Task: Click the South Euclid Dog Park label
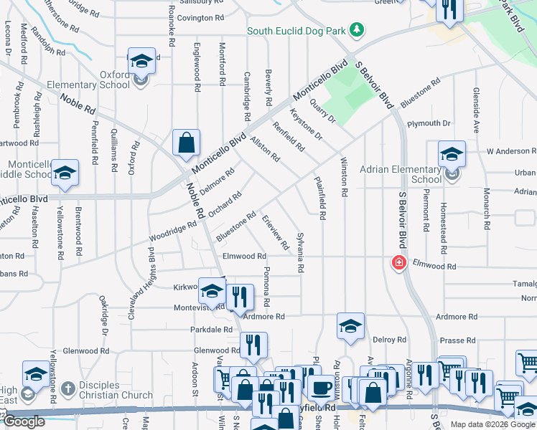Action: pos(296,31)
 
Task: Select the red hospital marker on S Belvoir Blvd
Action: pos(397,263)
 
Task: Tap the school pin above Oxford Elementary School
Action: pos(142,62)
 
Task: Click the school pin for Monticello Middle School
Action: pos(65,173)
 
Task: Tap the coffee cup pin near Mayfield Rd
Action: pos(320,388)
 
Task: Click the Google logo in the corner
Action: pos(24,421)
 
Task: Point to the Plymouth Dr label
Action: pos(428,123)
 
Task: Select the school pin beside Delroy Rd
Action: pos(350,326)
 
